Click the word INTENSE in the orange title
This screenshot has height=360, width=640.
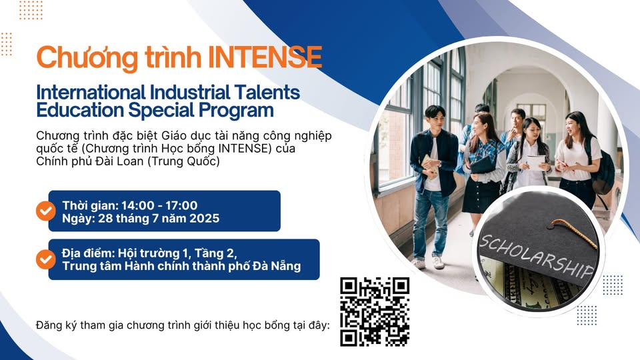(x=265, y=57)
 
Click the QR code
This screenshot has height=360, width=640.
(x=375, y=312)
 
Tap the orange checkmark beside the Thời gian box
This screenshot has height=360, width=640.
(x=46, y=211)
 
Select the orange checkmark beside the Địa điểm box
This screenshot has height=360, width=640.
(x=46, y=259)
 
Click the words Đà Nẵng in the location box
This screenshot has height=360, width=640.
(x=277, y=266)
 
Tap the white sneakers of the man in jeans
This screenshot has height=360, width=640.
(x=427, y=263)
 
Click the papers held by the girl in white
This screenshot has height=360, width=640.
(x=536, y=162)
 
